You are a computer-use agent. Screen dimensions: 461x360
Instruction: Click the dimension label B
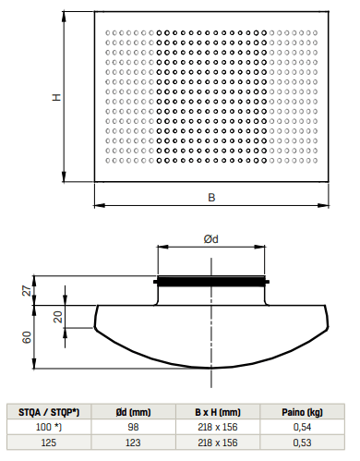(211, 197)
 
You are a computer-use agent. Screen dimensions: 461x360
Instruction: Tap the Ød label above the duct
(211, 239)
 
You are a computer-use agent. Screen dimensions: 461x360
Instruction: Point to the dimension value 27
(27, 291)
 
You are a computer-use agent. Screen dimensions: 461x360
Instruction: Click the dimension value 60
(27, 336)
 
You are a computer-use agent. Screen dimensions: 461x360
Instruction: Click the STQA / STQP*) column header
(49, 411)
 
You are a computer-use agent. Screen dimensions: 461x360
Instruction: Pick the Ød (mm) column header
(133, 411)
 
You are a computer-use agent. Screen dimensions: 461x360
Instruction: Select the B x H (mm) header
(218, 411)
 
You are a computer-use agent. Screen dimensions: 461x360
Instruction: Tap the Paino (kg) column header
(303, 411)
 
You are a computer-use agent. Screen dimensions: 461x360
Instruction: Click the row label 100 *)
(49, 428)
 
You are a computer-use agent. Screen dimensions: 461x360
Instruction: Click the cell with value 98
(133, 428)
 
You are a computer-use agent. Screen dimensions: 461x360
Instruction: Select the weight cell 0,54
(303, 428)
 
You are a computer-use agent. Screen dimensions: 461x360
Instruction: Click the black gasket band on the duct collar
(211, 281)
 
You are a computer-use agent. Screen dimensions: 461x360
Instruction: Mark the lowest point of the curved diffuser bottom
(211, 367)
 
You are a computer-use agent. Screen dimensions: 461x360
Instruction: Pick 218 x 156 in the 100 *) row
(218, 428)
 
